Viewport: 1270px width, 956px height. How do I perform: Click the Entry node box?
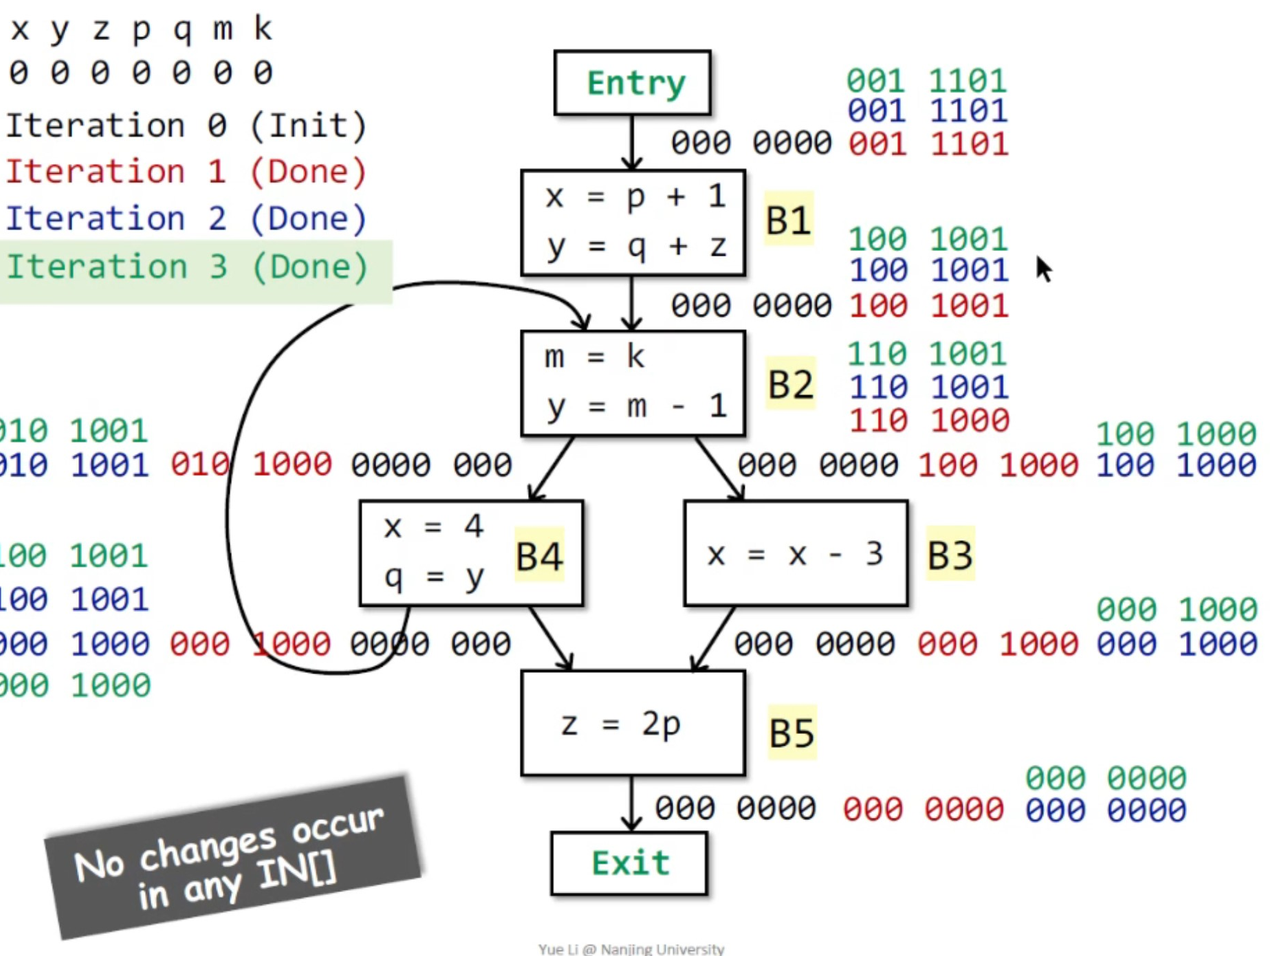[632, 82]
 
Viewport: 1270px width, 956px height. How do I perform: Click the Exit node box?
[629, 863]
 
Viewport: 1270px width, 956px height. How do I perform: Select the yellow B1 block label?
[788, 220]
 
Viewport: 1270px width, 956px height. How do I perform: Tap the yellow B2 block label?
[791, 384]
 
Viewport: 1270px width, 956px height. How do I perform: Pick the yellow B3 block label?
[950, 554]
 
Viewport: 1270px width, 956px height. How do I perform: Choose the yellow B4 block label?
[539, 555]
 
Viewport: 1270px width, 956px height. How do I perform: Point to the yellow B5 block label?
[791, 733]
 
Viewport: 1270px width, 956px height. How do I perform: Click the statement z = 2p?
[621, 724]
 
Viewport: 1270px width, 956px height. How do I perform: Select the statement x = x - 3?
[795, 554]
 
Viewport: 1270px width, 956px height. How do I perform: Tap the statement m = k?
[594, 357]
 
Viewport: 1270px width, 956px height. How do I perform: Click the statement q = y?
[434, 577]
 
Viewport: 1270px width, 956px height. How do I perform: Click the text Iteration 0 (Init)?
[186, 126]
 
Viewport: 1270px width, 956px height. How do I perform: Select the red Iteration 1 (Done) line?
[186, 172]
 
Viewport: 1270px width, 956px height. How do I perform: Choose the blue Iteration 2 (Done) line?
[186, 219]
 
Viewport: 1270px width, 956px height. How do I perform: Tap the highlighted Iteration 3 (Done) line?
[187, 267]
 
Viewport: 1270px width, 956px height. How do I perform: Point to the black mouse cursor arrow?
[1043, 269]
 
